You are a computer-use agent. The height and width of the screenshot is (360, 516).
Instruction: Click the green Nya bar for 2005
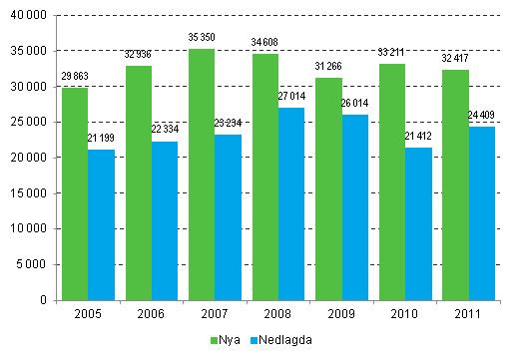pyautogui.click(x=74, y=193)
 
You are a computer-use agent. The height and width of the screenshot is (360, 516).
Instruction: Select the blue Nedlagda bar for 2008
pyautogui.click(x=291, y=203)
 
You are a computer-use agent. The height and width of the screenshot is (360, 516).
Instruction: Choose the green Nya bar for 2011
pyautogui.click(x=454, y=184)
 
